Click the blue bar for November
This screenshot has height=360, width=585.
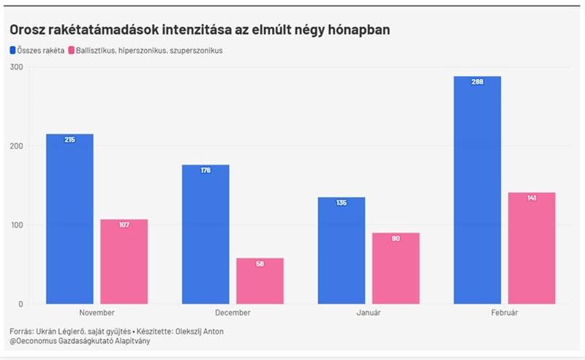pos(69,219)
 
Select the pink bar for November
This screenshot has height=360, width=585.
pos(124,261)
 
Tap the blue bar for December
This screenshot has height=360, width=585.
pos(205,234)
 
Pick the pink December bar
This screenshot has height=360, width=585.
pos(260,281)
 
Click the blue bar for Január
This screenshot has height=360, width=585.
pos(341,250)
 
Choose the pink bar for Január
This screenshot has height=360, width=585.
pos(396,268)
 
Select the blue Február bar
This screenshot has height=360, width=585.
pos(478,190)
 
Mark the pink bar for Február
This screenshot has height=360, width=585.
pos(532,248)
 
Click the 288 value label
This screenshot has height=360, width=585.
pos(478,82)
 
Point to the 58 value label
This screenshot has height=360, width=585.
pos(260,263)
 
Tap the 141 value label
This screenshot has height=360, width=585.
pos(532,198)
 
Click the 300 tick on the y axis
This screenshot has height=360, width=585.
pos(17,67)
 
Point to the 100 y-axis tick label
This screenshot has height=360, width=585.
pos(17,225)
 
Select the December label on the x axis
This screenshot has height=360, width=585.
pos(233,312)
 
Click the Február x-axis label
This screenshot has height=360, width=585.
pos(504,312)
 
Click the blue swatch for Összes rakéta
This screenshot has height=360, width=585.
pos(12,50)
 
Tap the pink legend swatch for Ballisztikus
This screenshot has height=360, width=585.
pos(70,50)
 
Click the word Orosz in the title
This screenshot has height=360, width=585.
pos(29,30)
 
